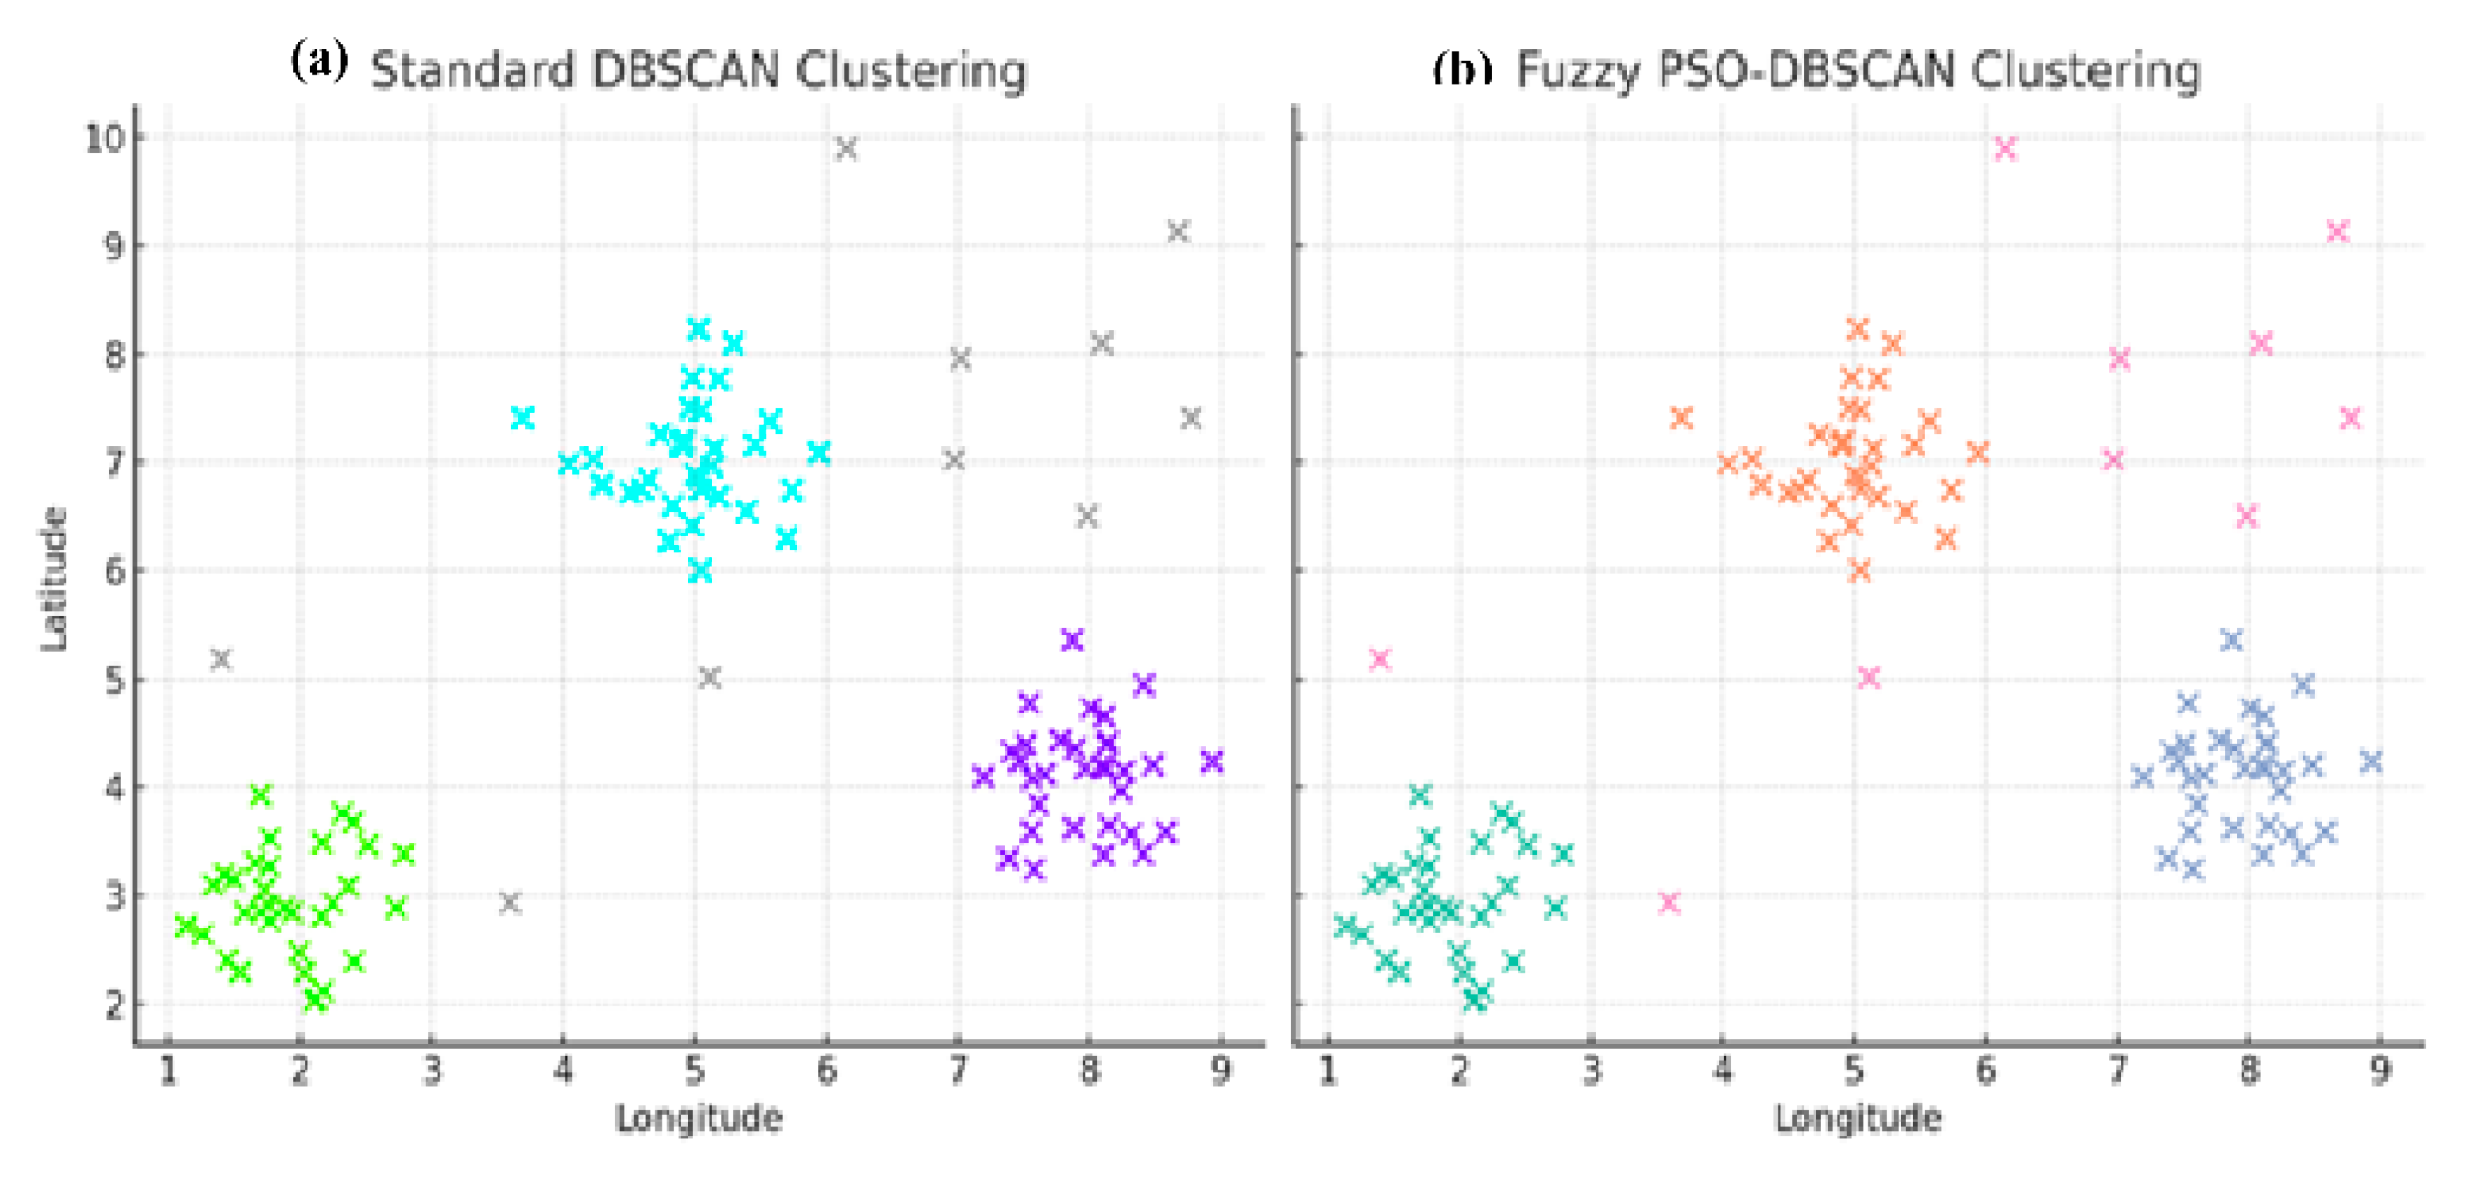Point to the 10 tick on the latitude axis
[105, 138]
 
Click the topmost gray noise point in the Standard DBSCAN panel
[845, 149]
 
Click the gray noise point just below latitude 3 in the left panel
[509, 903]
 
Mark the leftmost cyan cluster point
[522, 418]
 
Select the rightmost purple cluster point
[1212, 761]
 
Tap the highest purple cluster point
[1072, 640]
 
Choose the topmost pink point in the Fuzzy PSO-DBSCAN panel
[2005, 149]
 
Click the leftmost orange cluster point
[1682, 418]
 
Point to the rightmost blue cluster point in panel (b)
[2371, 761]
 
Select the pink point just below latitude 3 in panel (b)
[1669, 903]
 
